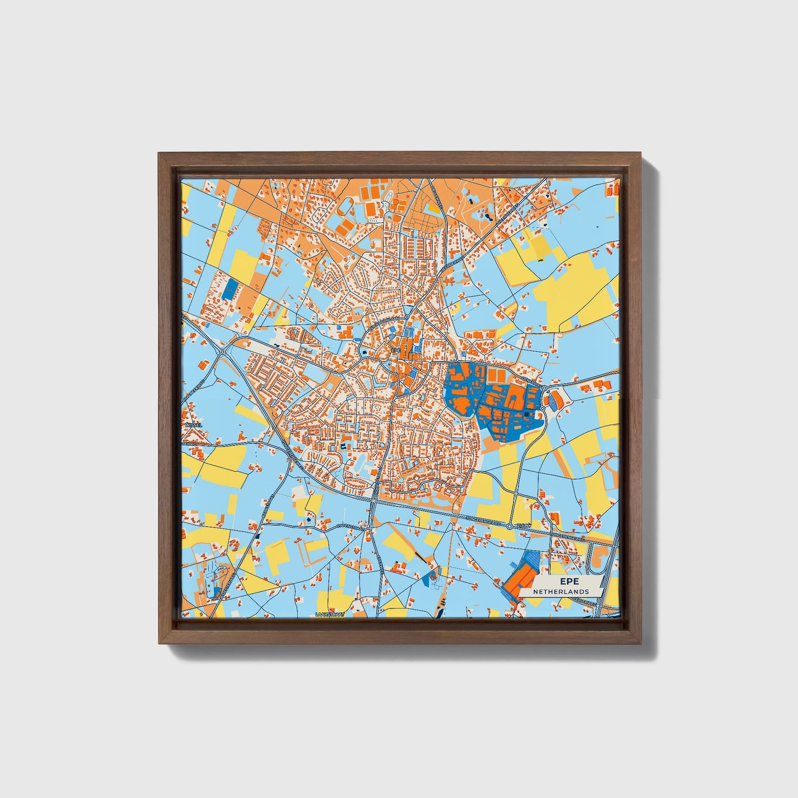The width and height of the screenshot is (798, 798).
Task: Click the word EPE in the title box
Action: [567, 582]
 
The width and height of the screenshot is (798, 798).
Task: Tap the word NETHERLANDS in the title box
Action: [561, 591]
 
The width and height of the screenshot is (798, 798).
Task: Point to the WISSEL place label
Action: [194, 425]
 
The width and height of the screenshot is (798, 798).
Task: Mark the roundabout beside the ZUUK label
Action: [510, 527]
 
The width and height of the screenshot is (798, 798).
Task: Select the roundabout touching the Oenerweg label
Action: [545, 389]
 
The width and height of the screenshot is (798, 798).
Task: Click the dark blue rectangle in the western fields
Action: [229, 288]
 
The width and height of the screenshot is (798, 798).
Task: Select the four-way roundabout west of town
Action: [222, 352]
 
